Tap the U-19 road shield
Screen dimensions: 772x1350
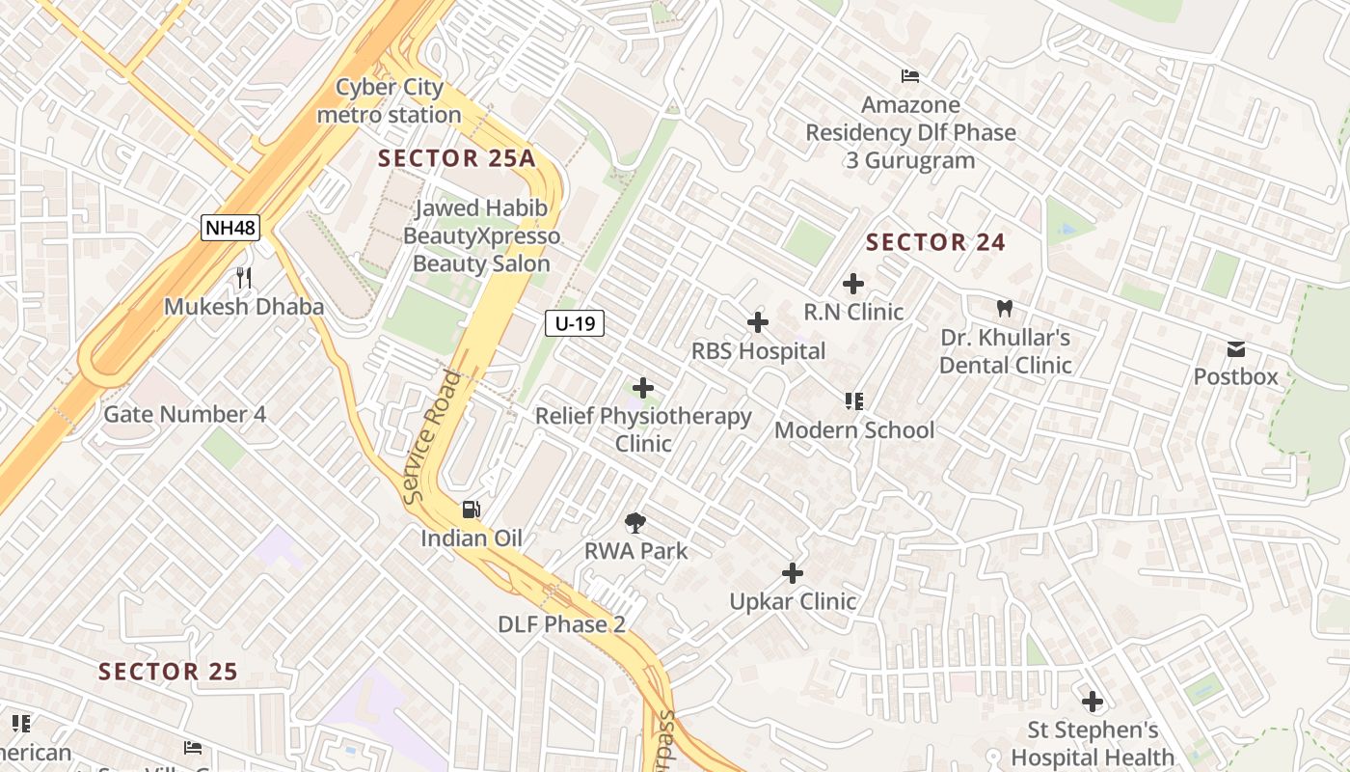pyautogui.click(x=575, y=323)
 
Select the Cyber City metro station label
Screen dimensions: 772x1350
pyautogui.click(x=390, y=101)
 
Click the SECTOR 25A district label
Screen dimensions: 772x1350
pyautogui.click(x=456, y=159)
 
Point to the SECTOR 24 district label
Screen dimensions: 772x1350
pyautogui.click(x=935, y=242)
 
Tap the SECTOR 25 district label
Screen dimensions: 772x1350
pyautogui.click(x=169, y=672)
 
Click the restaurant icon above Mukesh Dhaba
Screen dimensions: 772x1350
pyautogui.click(x=244, y=278)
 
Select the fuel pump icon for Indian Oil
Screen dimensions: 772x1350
pyautogui.click(x=471, y=510)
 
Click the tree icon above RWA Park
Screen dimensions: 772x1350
pyautogui.click(x=634, y=524)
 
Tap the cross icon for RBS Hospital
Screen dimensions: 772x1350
pyautogui.click(x=758, y=322)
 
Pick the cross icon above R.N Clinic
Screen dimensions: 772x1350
pyautogui.click(x=852, y=284)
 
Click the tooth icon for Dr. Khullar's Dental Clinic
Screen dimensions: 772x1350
pyautogui.click(x=1005, y=309)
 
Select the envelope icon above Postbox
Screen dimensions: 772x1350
pyautogui.click(x=1236, y=348)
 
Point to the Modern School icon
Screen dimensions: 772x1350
pyautogui.click(x=853, y=400)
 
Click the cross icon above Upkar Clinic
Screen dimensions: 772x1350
pyautogui.click(x=792, y=573)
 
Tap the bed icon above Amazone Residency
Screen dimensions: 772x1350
pyautogui.click(x=909, y=76)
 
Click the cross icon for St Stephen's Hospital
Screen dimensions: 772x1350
pyautogui.click(x=1092, y=702)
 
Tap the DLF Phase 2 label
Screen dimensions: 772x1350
pyautogui.click(x=561, y=624)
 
